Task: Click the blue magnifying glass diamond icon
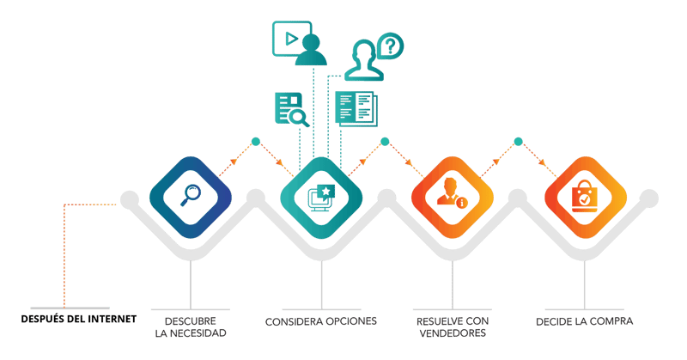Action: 190,196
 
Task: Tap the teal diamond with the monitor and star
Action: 321,196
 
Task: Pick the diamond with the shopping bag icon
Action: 584,196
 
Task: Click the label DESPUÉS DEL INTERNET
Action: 80,320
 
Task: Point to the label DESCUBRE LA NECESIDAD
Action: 190,326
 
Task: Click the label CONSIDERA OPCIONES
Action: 320,321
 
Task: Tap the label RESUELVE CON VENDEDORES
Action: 453,326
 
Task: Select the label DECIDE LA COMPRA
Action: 584,321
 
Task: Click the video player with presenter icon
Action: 296,43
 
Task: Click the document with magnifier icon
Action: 290,108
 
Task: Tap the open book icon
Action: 356,107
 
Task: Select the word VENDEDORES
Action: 453,333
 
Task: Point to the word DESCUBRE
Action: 190,320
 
